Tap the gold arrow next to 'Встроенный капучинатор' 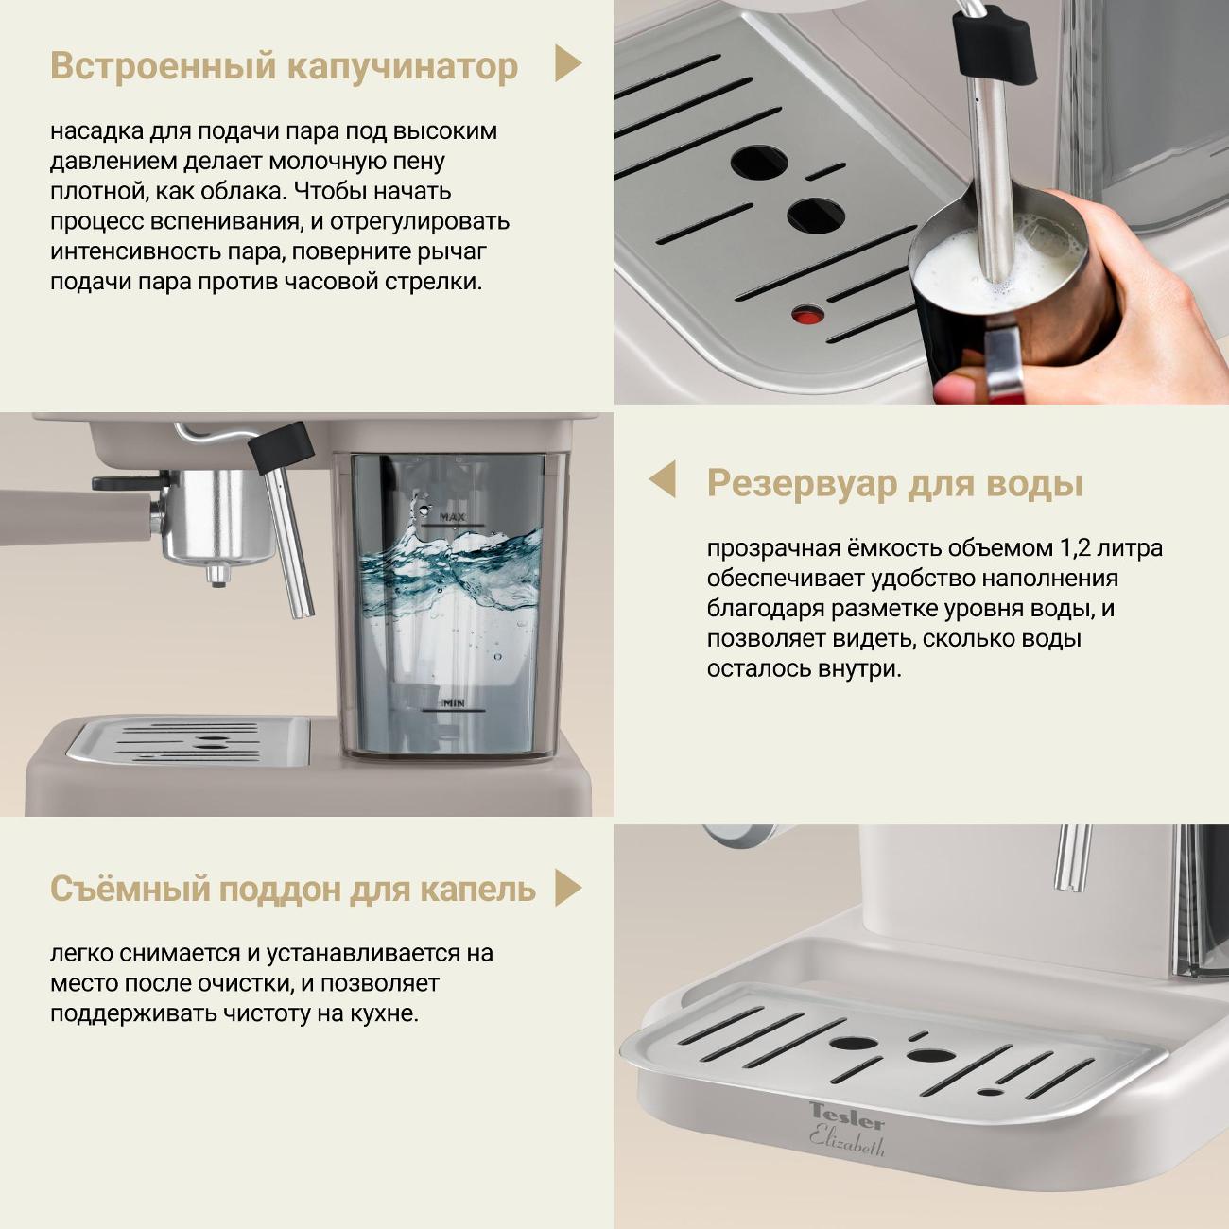pyautogui.click(x=567, y=63)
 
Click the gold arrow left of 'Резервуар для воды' pyautogui.click(x=663, y=479)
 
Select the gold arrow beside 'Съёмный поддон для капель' pyautogui.click(x=567, y=888)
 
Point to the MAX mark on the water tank pyautogui.click(x=453, y=518)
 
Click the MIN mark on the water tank pyautogui.click(x=454, y=703)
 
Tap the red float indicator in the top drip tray pyautogui.click(x=807, y=315)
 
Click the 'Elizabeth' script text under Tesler pyautogui.click(x=847, y=1141)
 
